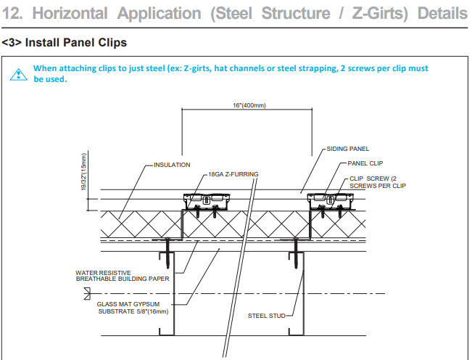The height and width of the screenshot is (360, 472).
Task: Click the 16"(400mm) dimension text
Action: click(x=249, y=105)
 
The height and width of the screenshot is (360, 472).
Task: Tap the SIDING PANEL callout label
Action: click(x=348, y=148)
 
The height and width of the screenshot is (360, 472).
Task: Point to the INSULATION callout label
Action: click(x=172, y=165)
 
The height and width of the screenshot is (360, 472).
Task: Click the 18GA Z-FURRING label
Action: click(x=233, y=174)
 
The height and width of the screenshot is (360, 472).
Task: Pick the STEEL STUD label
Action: click(x=267, y=316)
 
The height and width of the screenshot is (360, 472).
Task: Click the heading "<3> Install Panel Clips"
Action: click(x=65, y=44)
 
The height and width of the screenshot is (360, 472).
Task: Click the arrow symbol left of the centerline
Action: click(x=88, y=293)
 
